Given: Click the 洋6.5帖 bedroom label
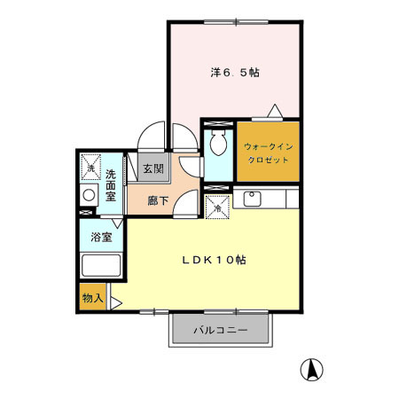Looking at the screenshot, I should tap(234, 73).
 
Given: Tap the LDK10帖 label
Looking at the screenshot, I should tap(214, 261).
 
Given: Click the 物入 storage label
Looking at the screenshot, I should tap(93, 299).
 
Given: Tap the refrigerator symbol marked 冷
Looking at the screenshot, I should tap(217, 206).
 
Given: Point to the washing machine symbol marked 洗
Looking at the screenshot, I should tap(89, 165).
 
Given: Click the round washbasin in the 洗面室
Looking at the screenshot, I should tap(89, 195).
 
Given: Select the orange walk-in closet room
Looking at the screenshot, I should tap(267, 160).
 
